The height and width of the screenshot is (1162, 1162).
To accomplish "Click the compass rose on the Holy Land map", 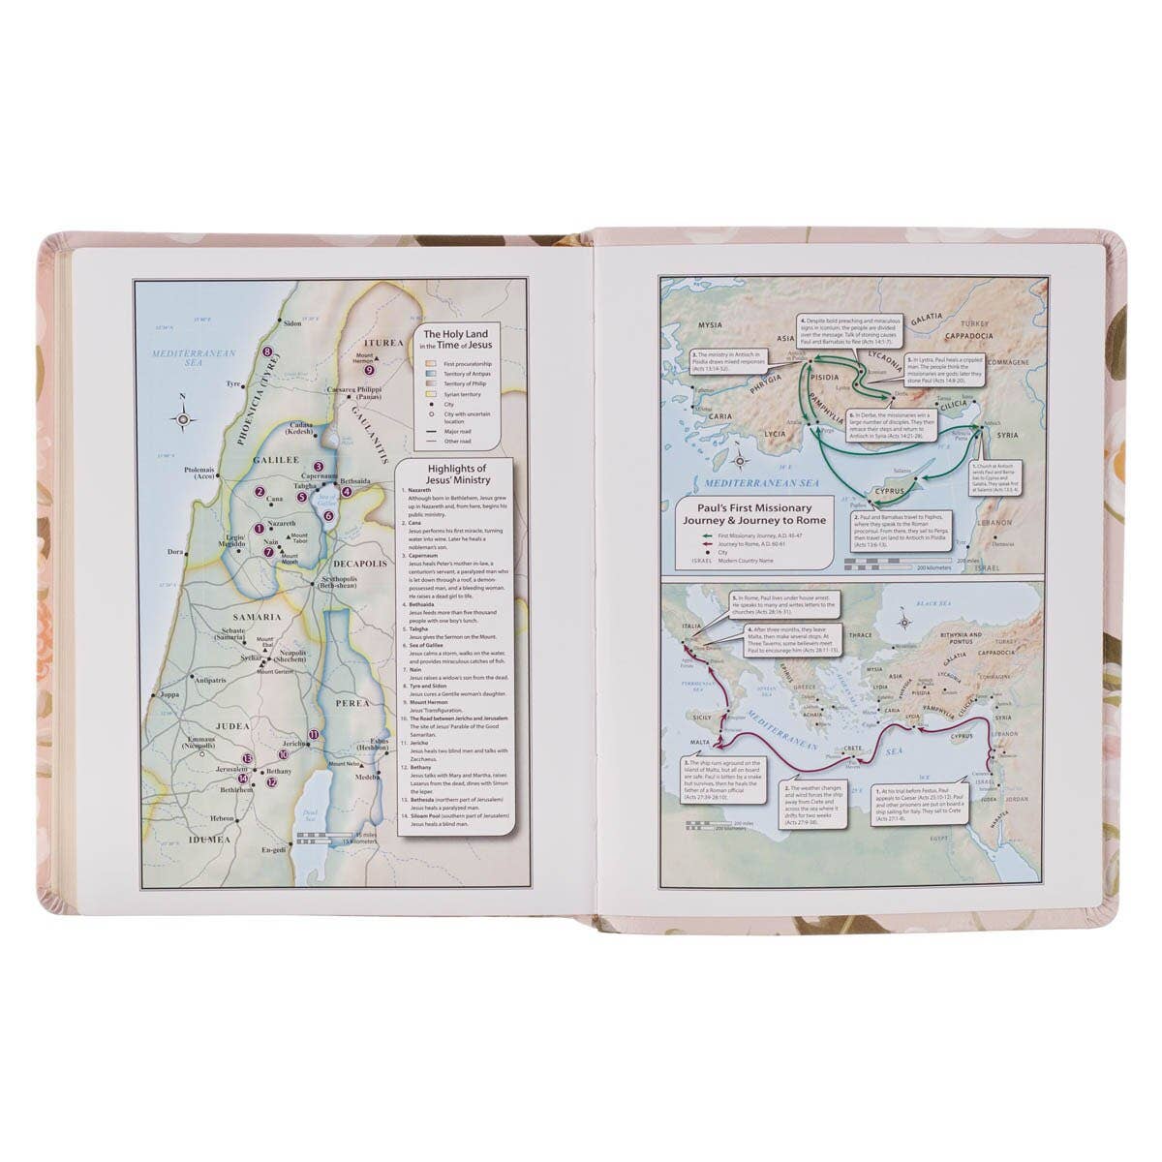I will (x=184, y=418).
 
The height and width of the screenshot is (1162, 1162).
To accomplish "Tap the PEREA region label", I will (x=352, y=702).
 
